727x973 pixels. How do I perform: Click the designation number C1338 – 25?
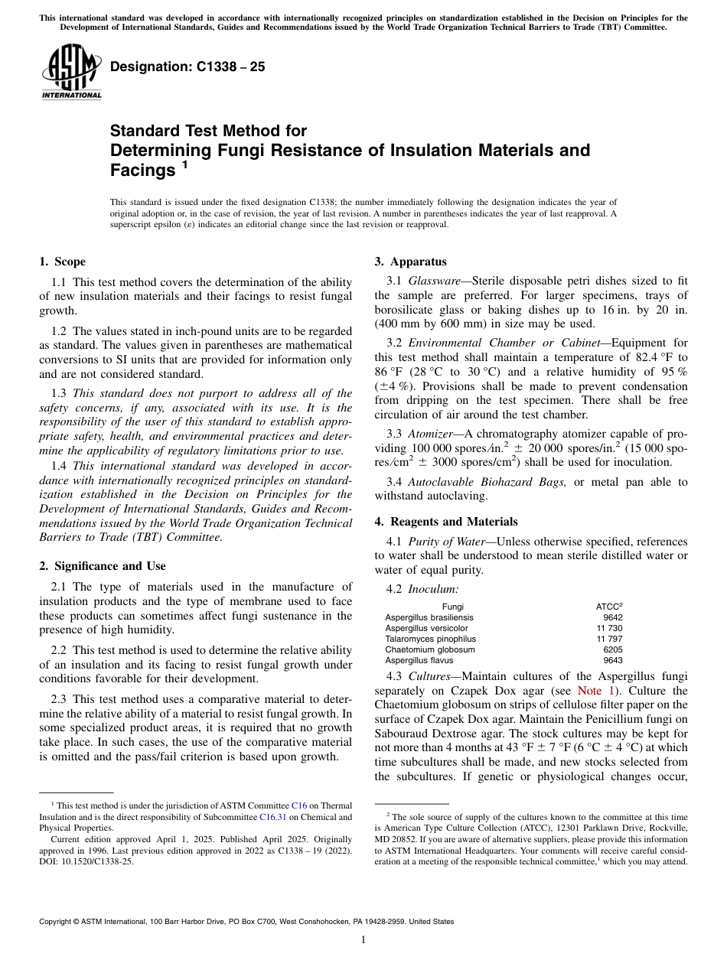coord(187,67)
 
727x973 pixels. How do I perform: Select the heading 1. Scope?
coord(62,262)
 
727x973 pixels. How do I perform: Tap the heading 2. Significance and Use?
coord(102,566)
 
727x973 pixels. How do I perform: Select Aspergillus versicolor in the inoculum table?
coord(426,628)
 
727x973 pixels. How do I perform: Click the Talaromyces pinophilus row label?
coord(430,639)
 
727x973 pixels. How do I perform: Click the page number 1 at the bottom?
coord(363,940)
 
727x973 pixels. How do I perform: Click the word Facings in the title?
coord(142,171)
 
